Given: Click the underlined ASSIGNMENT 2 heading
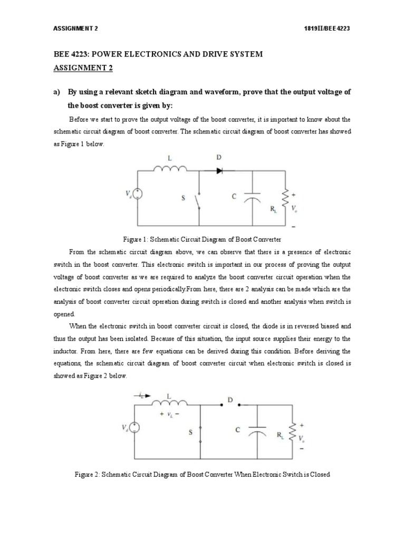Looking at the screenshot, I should [83, 68].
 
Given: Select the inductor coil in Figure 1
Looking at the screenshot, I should [170, 169].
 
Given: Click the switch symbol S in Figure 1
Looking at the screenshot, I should [198, 200].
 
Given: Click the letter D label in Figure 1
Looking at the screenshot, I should [219, 157].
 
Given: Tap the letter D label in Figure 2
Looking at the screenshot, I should [229, 400].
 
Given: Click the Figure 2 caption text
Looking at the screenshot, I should [203, 474].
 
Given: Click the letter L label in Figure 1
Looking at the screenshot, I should [169, 157].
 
